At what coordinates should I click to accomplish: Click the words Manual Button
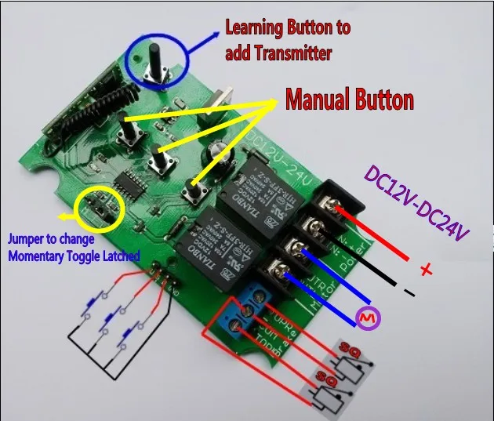click(x=348, y=100)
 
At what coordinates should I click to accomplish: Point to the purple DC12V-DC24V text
click(x=416, y=207)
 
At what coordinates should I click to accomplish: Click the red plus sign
click(x=427, y=270)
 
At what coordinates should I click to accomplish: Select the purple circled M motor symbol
click(x=365, y=317)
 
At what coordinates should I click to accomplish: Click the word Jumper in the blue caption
click(x=27, y=239)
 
